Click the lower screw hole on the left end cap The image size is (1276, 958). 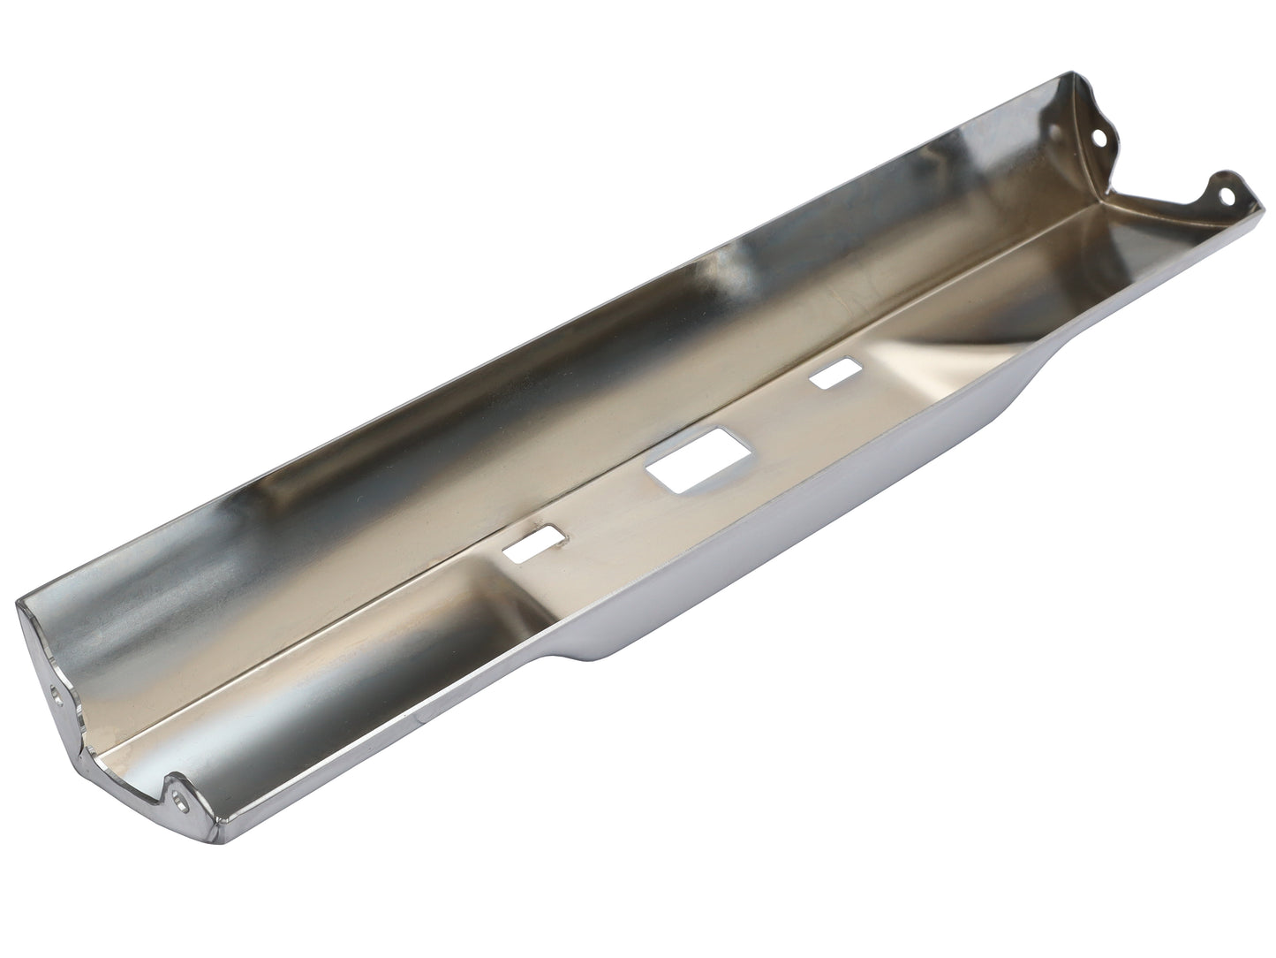181,802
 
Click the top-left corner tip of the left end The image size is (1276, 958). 19,603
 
